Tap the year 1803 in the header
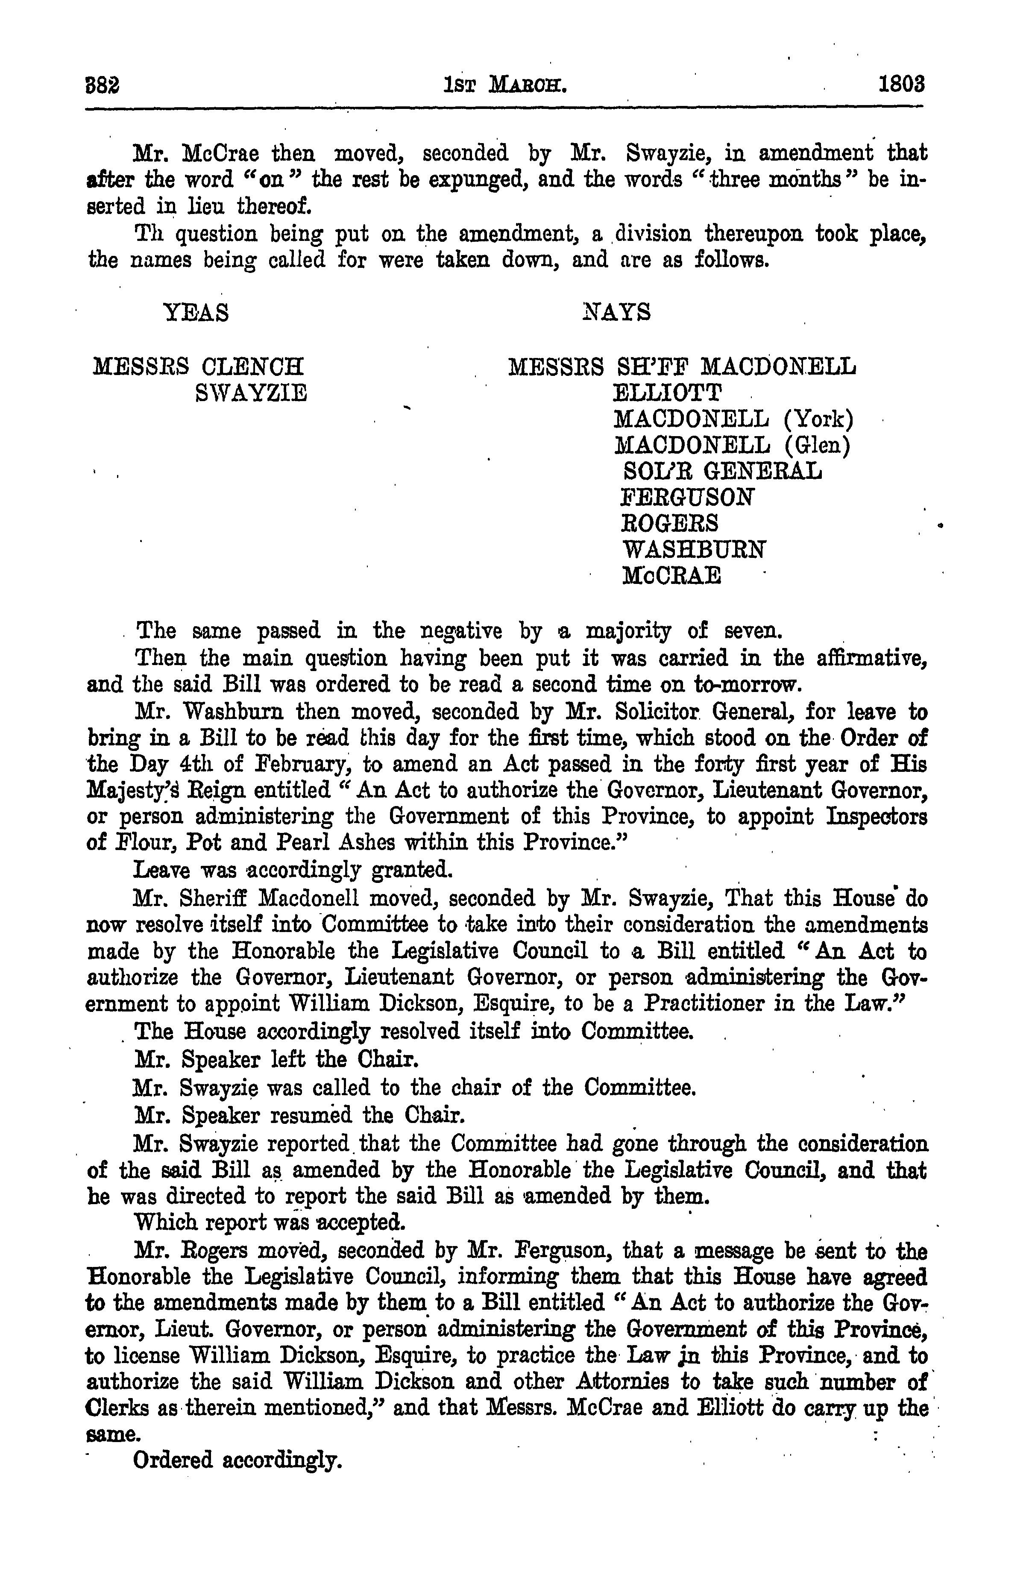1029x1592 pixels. click(x=901, y=85)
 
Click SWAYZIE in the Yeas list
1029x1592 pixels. click(x=251, y=393)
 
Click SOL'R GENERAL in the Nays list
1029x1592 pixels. click(x=721, y=471)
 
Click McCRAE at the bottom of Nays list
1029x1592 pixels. click(x=671, y=576)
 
